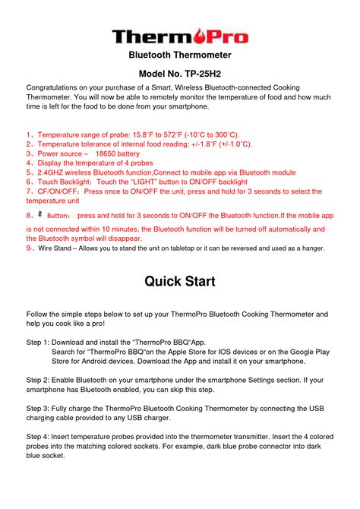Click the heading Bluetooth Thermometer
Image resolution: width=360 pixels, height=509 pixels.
(x=179, y=55)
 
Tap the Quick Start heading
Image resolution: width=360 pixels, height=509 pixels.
(x=179, y=281)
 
